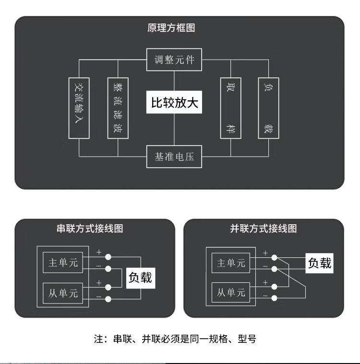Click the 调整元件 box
point(174,60)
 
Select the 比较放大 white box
point(174,103)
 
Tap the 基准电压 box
point(174,157)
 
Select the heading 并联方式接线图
point(264,229)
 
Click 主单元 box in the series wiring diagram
point(62,263)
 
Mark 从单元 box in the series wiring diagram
point(62,292)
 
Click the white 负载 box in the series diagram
point(140,278)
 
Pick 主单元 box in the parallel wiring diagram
point(231,263)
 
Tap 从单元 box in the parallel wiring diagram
point(231,292)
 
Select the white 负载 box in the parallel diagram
point(319,263)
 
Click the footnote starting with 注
point(175,339)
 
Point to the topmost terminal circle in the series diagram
point(108,256)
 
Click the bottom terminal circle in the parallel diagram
point(274,299)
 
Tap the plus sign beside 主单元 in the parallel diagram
point(265,253)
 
